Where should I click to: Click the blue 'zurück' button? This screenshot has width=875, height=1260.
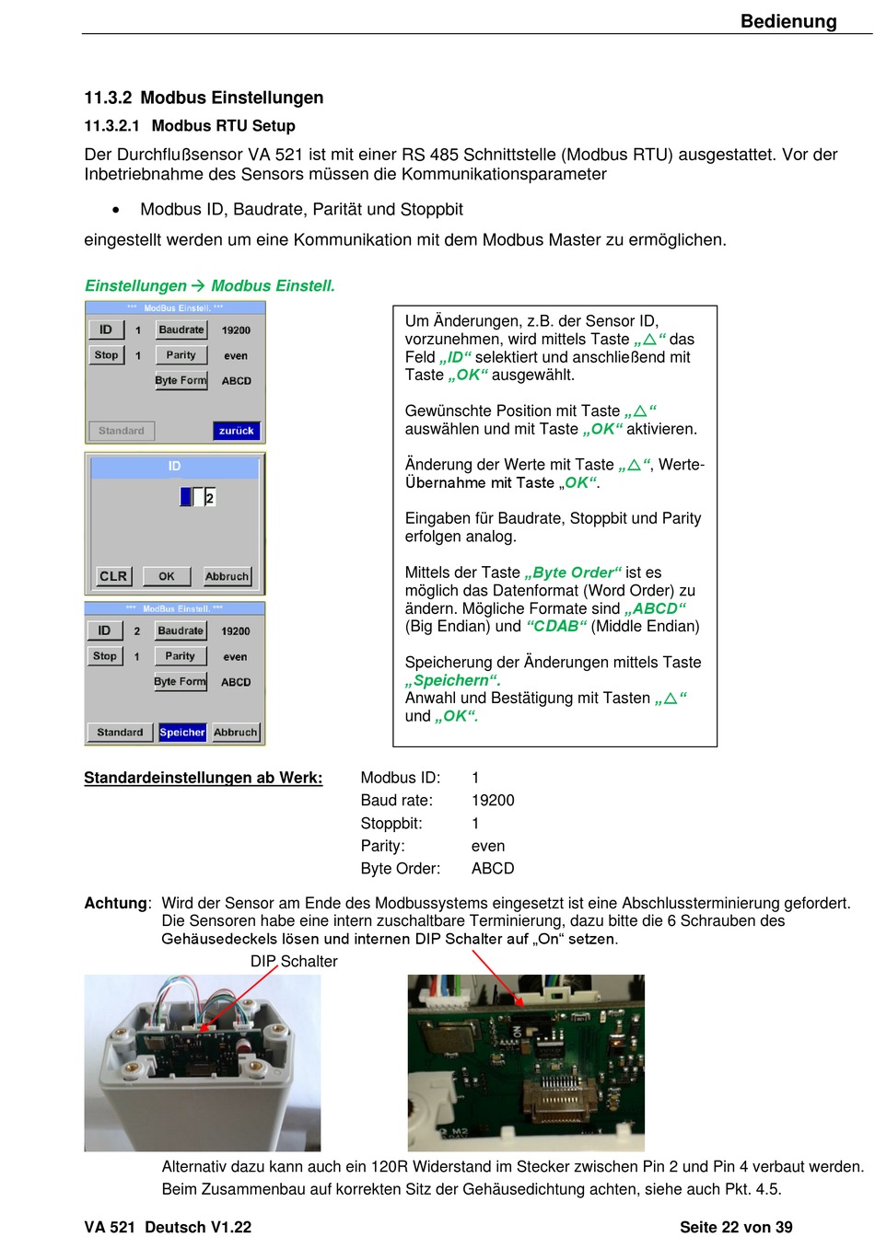click(236, 431)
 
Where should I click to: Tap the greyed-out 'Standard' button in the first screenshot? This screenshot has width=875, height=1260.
click(121, 431)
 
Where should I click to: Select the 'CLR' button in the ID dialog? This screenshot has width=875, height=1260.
click(113, 576)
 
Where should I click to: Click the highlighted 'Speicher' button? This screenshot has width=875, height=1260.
click(181, 733)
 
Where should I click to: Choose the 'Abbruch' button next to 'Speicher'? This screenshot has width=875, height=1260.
click(236, 733)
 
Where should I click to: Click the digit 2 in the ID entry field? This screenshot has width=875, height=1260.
click(209, 498)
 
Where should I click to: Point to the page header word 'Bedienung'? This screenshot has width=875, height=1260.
click(787, 21)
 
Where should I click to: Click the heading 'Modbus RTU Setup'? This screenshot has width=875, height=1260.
click(223, 125)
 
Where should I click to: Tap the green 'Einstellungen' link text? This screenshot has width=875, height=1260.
click(135, 285)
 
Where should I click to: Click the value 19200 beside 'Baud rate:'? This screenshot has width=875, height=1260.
click(493, 800)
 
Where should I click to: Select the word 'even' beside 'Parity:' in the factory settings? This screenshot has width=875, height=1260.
click(487, 846)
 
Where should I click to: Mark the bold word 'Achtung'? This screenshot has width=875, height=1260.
click(116, 903)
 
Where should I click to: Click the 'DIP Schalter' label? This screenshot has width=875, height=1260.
click(294, 961)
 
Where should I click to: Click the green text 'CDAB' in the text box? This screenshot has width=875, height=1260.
click(556, 626)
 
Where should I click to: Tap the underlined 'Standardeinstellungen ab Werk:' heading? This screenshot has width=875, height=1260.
click(204, 778)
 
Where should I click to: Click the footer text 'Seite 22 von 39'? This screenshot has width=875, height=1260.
click(736, 1227)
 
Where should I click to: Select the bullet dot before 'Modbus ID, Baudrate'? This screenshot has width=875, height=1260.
click(115, 210)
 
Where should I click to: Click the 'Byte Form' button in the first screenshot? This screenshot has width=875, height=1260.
click(181, 380)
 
